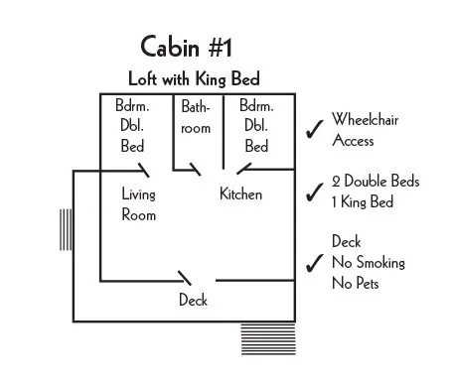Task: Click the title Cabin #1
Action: coord(188,47)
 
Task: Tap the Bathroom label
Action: coord(196,117)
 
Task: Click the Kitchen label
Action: coord(240,194)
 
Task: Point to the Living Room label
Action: coord(139,204)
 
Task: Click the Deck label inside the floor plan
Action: coord(193,300)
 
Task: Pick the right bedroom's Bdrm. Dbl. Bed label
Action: coord(255,126)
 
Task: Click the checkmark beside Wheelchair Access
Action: coord(315,130)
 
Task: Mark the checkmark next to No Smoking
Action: coord(315,263)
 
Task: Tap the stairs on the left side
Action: coord(66,231)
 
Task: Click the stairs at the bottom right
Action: coord(268,338)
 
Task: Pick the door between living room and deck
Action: coord(185,275)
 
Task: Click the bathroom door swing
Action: coord(197,169)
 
